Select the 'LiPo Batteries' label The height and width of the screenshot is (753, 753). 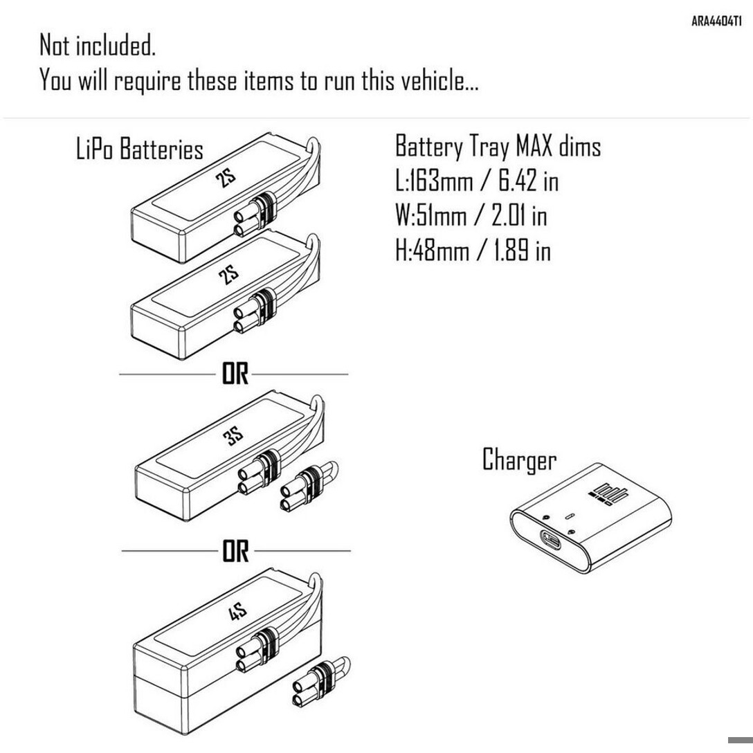pyautogui.click(x=140, y=149)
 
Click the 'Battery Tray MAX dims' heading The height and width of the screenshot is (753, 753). pyautogui.click(x=498, y=147)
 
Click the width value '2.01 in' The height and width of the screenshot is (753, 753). pyautogui.click(x=519, y=215)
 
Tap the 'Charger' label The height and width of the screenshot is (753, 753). pyautogui.click(x=519, y=460)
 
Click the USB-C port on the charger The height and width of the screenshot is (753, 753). pyautogui.click(x=552, y=539)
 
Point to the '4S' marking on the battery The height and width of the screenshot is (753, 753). pyautogui.click(x=237, y=613)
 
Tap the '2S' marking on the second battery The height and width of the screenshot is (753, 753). pyautogui.click(x=228, y=275)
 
